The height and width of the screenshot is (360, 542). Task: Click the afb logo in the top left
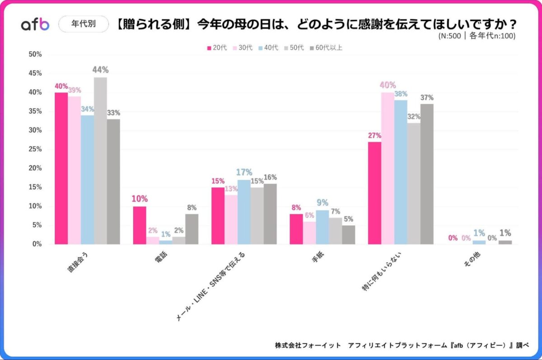[35, 24]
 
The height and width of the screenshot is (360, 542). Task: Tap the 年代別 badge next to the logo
[84, 24]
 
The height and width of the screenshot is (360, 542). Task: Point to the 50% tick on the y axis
[35, 54]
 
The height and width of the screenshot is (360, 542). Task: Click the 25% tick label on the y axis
[35, 149]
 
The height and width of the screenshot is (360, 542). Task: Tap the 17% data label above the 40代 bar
[244, 173]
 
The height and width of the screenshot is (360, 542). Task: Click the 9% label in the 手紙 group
[322, 203]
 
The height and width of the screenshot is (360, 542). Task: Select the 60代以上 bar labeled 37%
[427, 174]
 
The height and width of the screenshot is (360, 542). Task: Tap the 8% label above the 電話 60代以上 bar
[192, 208]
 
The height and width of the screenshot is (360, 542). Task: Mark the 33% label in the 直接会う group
[113, 113]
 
